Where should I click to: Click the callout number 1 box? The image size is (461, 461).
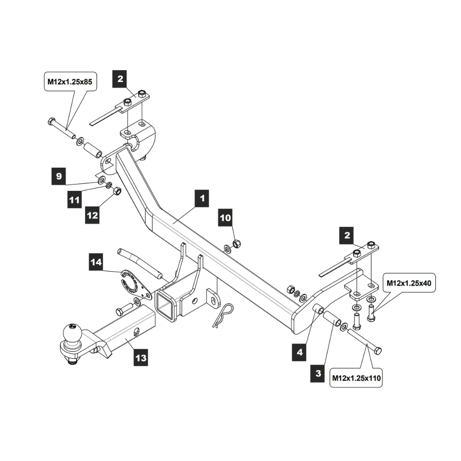[201, 199]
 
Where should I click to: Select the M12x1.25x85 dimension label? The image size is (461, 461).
[70, 83]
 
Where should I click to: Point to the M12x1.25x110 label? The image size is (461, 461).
[356, 378]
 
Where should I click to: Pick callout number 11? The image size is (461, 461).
[75, 200]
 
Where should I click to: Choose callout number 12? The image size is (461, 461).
[92, 215]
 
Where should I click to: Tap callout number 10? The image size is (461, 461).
[226, 218]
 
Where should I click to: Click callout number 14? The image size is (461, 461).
[96, 263]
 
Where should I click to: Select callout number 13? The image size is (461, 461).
[142, 357]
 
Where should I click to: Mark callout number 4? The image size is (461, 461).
[300, 353]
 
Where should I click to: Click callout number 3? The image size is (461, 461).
[318, 373]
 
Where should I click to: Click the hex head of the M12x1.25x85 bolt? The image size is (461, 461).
[51, 122]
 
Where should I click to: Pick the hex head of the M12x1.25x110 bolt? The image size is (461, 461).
[377, 351]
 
